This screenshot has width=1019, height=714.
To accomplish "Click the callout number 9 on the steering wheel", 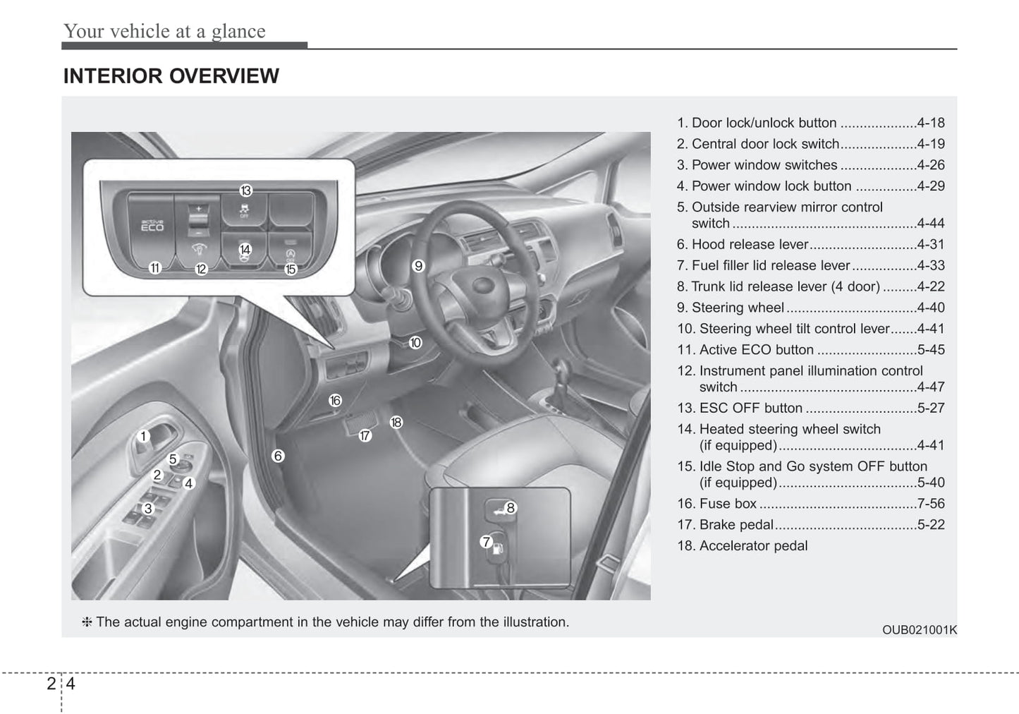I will click(x=418, y=266).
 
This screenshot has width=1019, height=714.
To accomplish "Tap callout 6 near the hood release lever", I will click(x=278, y=456).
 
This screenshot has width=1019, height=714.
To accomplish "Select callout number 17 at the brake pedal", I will click(x=365, y=435).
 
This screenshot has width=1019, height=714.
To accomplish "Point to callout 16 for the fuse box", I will click(x=335, y=401).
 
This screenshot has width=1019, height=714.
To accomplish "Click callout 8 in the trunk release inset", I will click(x=511, y=507).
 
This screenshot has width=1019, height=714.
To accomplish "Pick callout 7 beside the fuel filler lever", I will click(x=486, y=542).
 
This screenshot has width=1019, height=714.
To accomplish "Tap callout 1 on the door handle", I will click(x=143, y=436).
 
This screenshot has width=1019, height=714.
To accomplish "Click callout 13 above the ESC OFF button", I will click(x=245, y=190).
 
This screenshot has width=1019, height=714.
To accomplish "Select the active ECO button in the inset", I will click(x=152, y=226).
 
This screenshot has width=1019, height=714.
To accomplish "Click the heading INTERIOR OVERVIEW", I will click(x=171, y=76).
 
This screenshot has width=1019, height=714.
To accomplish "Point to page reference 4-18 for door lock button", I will click(x=931, y=123).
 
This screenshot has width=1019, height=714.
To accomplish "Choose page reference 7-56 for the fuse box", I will click(x=931, y=504).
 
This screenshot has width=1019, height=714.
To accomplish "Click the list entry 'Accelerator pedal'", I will click(x=753, y=546).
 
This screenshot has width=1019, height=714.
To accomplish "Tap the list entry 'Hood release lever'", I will click(x=750, y=244).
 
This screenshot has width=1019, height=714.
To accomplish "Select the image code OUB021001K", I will click(x=919, y=630).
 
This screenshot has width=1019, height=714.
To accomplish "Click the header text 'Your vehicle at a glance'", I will click(x=164, y=31).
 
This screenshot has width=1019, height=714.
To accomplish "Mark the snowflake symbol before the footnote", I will click(x=87, y=622).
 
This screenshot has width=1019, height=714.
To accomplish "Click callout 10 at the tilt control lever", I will click(x=415, y=342).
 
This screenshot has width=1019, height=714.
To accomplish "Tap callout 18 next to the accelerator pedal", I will click(x=396, y=422).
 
